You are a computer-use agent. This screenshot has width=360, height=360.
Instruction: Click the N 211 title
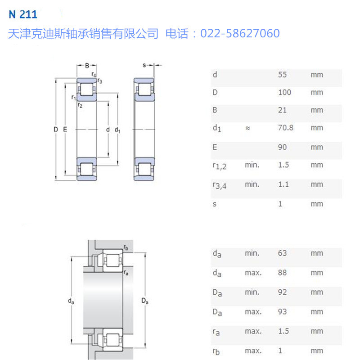click(x=22, y=14)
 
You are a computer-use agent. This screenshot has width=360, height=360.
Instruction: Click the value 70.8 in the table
click(x=285, y=128)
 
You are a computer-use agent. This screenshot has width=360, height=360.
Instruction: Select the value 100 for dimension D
click(x=284, y=92)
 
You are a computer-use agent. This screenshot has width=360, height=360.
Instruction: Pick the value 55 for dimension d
click(x=282, y=75)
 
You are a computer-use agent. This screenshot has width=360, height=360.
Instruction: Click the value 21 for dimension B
click(x=282, y=110)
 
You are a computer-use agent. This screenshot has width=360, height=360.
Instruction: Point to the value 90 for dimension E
click(x=282, y=147)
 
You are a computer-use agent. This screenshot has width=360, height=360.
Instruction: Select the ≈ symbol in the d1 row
click(x=247, y=128)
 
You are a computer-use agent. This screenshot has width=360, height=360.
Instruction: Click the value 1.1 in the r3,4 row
click(x=283, y=184)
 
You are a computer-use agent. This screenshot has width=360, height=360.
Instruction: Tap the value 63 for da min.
click(x=282, y=253)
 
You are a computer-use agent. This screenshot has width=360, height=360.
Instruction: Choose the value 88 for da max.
click(x=282, y=273)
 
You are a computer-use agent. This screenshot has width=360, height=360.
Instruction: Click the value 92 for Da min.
click(x=282, y=292)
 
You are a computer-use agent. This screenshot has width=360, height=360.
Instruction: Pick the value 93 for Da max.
click(x=282, y=311)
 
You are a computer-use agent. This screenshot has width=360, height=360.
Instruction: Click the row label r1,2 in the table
click(x=219, y=166)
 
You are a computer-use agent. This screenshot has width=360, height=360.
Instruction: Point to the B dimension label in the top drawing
click(x=87, y=66)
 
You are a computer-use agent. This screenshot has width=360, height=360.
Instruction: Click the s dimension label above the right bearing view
click(x=144, y=65)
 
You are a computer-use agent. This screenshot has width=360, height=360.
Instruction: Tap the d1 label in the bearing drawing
click(x=117, y=130)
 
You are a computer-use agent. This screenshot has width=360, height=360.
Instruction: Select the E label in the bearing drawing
click(x=65, y=130)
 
